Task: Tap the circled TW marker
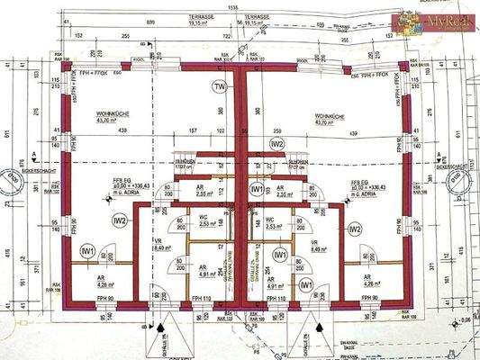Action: (218, 86)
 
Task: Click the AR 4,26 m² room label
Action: (370, 281)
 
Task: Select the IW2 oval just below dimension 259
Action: (277, 144)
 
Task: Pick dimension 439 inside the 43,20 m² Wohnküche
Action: (119, 132)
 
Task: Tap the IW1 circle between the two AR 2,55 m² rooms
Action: (258, 190)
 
